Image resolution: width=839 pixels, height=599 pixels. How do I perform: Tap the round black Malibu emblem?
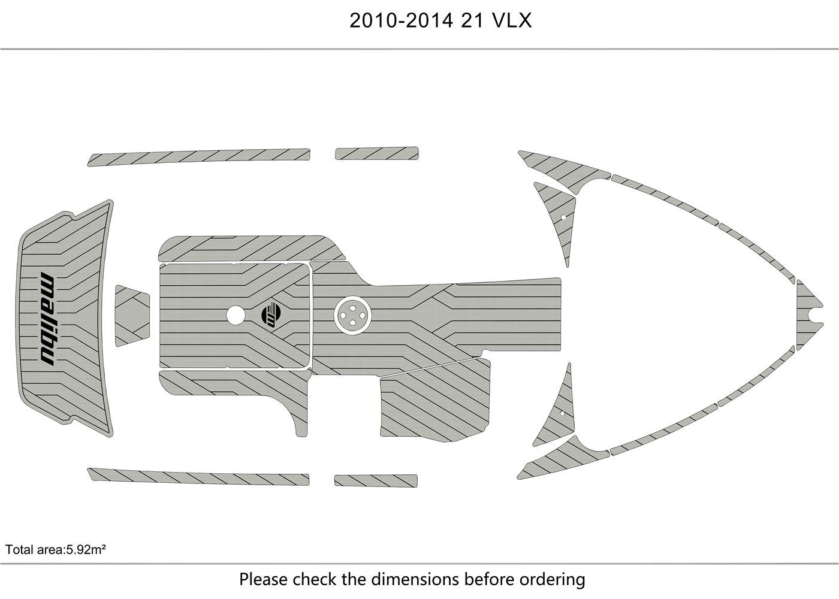pos(271,314)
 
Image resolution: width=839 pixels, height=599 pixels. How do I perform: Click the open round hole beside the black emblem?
pos(236,315)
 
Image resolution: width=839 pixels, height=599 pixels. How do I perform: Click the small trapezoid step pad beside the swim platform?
pos(132,316)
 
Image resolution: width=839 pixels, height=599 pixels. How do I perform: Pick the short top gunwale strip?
pos(377,153)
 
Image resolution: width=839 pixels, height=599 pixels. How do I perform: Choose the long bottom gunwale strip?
pos(198,476)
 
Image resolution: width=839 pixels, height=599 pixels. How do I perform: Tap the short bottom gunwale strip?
pos(376,480)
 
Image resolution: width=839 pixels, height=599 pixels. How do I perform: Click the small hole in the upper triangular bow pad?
pos(563,217)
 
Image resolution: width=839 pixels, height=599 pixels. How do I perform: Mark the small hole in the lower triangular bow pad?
pos(562,413)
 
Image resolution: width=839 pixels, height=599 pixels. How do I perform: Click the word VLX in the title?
pos(512,20)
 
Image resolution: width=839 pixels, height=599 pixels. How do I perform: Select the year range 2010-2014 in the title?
pos(401,20)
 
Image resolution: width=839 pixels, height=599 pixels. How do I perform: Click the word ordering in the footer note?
pos(552,580)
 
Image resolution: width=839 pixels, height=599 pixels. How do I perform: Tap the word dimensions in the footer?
pos(415,579)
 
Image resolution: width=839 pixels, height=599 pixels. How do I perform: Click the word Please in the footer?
pos(263,579)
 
